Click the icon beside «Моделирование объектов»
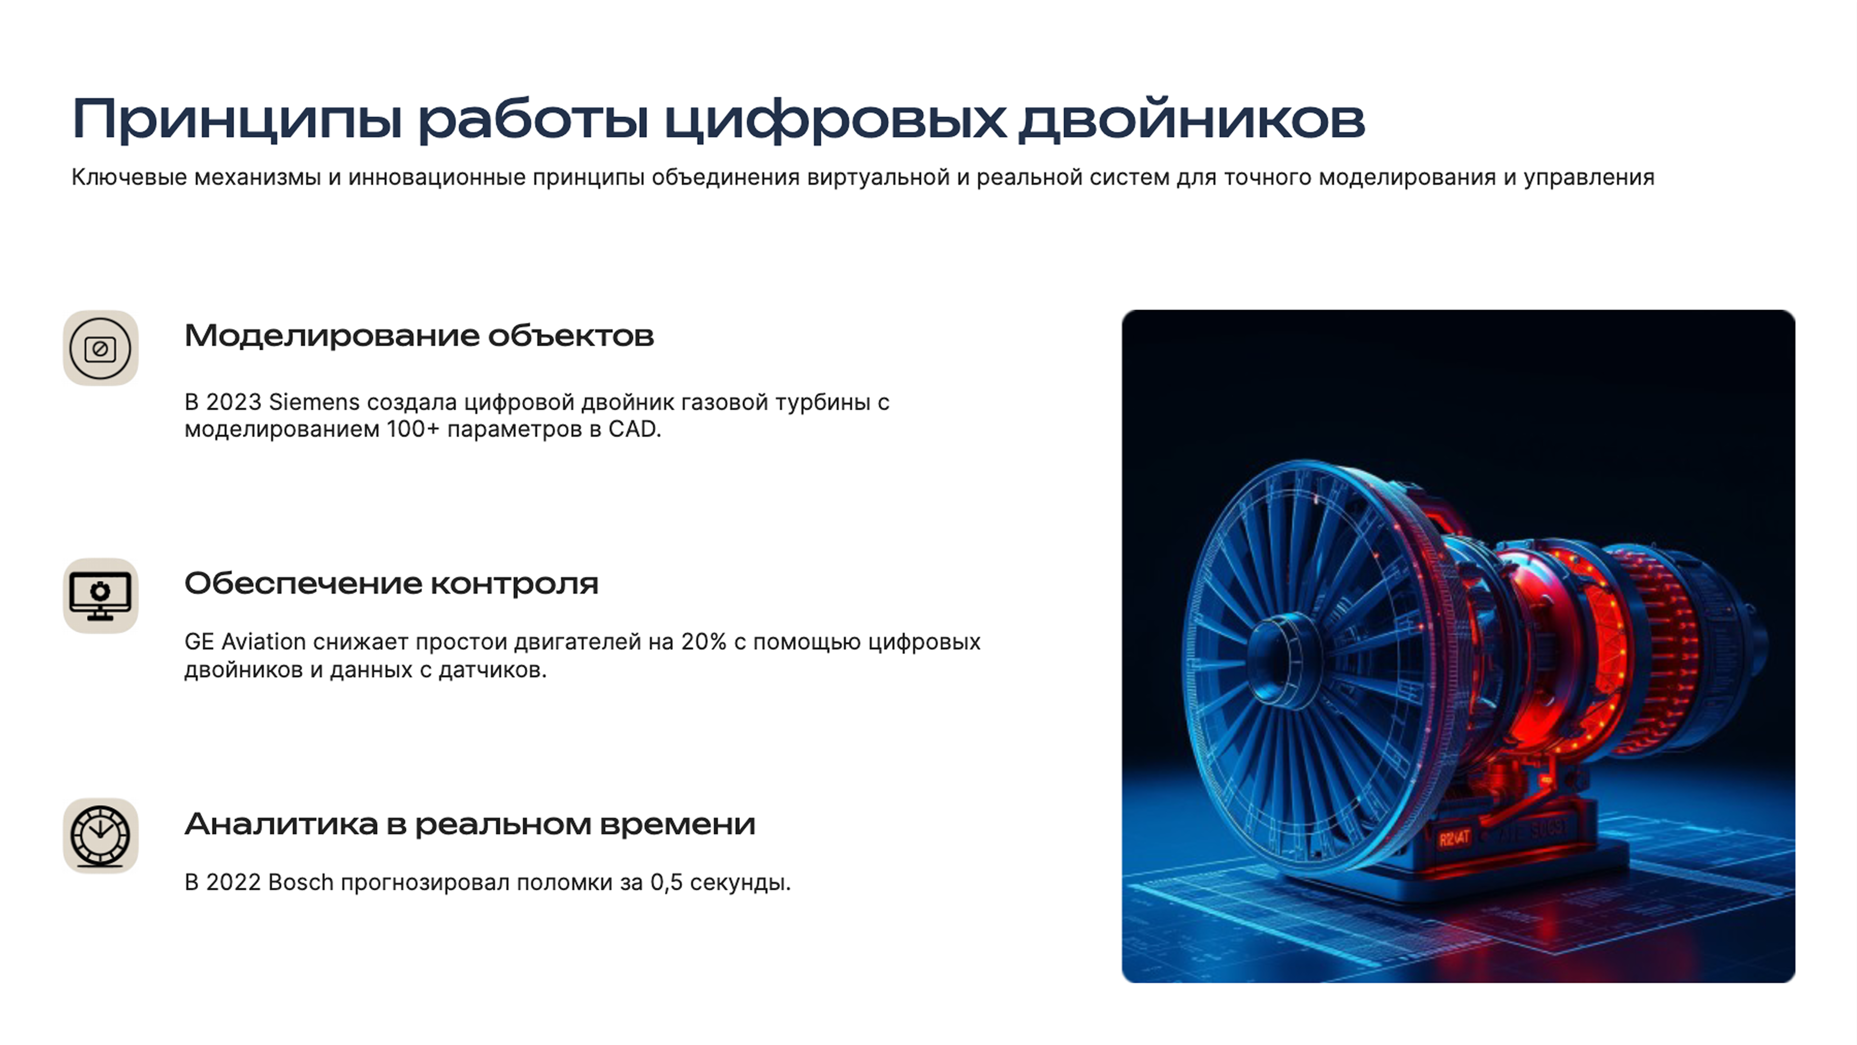(100, 348)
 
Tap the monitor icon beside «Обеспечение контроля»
(100, 596)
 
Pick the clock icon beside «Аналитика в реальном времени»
(100, 836)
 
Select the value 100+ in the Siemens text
(413, 430)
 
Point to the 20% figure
(704, 642)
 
